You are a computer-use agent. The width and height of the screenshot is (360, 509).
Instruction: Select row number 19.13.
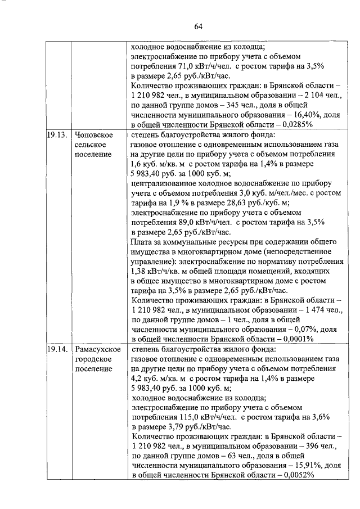pos(57,135)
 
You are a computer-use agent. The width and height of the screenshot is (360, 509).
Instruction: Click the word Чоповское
pos(94,135)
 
